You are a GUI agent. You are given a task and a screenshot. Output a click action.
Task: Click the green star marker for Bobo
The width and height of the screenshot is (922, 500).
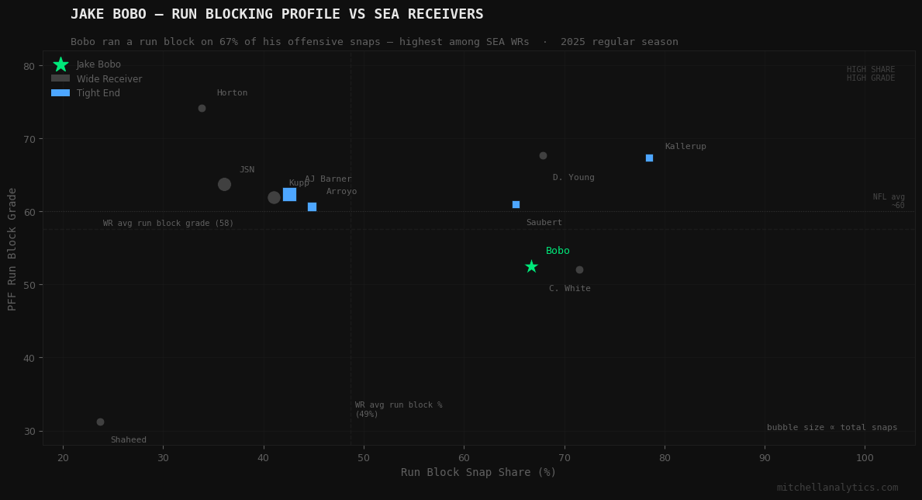pos(531,266)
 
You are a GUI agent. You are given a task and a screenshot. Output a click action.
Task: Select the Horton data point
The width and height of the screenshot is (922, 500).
pos(202,109)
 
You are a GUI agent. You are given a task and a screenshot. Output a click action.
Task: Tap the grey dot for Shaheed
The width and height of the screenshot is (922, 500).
pos(100,422)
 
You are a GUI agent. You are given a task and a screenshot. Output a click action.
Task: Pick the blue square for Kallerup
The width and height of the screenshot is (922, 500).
pos(649,158)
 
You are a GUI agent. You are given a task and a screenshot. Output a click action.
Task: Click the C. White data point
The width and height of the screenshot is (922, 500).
pos(579,270)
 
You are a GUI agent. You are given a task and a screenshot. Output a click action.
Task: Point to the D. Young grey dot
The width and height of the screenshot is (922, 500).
pos(543,156)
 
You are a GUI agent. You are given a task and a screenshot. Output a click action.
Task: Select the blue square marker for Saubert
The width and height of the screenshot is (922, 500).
pos(516,204)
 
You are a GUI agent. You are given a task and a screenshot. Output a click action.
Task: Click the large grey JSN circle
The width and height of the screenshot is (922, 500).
pos(224,184)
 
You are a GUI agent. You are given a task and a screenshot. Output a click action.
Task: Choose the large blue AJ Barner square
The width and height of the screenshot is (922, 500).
pos(289,194)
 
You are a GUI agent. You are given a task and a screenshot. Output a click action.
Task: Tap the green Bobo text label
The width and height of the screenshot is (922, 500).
pos(558,251)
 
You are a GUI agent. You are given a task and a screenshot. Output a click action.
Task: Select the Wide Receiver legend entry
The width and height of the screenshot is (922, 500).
pos(109,79)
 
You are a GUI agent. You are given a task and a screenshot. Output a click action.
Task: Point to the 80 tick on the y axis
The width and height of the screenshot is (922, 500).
pos(29,66)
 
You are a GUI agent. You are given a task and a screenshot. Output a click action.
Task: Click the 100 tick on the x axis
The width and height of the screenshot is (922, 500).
pos(865,458)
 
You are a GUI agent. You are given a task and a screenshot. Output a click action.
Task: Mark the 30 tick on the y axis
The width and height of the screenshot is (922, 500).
pos(29,431)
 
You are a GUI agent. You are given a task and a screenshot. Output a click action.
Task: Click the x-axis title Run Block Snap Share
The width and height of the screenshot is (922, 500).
pos(478,472)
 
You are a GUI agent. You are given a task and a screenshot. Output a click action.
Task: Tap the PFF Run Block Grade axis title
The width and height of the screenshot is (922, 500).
pos(12,248)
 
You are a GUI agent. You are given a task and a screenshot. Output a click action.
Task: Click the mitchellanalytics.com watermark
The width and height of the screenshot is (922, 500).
pos(837,488)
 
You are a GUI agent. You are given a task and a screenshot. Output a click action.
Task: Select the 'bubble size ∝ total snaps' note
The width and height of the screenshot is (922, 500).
pos(832,428)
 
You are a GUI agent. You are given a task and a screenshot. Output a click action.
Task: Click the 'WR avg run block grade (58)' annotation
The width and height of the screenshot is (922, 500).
pos(168,224)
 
